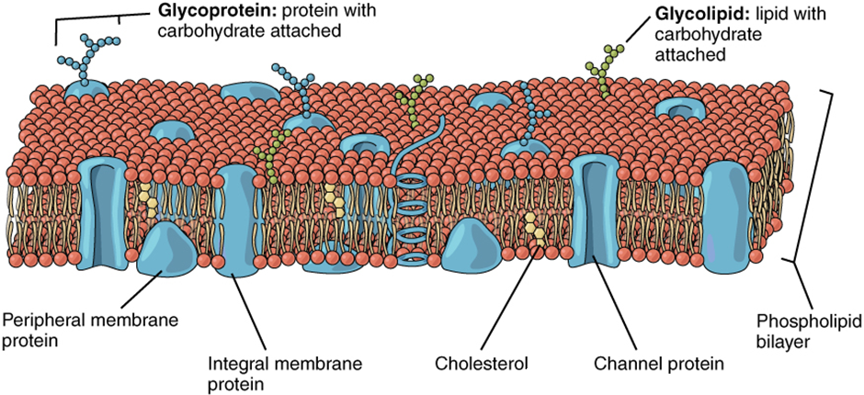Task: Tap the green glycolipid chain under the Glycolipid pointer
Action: (x=600, y=69)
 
